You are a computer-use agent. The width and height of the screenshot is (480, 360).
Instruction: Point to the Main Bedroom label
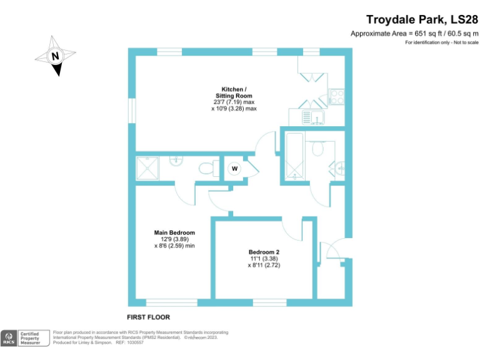coord(174,232)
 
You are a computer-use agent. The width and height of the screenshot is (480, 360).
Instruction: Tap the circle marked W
coord(234,169)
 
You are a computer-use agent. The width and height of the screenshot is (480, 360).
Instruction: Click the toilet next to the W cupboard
coord(206,167)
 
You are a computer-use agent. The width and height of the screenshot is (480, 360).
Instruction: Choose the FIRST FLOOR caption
coord(148,317)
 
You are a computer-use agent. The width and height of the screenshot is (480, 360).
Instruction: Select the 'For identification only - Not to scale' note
coord(441,42)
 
